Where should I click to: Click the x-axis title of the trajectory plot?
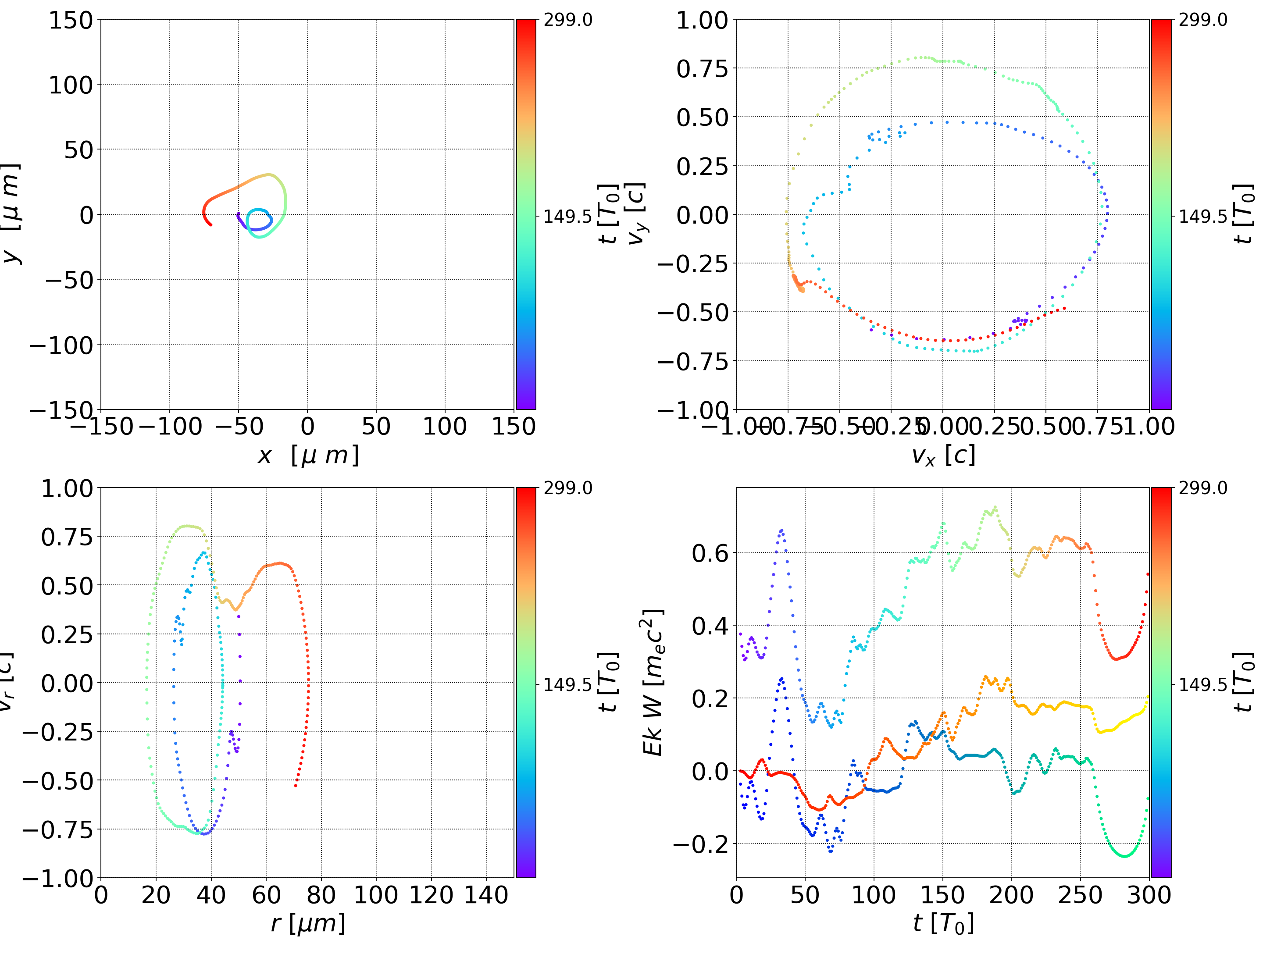coord(308,456)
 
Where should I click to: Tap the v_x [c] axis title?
coord(943,456)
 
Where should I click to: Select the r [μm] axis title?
coord(308,923)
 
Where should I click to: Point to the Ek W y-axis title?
coord(653,682)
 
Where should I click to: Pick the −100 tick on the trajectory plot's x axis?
coord(170,427)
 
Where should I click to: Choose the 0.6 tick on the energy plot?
coord(710,553)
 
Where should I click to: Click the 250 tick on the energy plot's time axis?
coord(1080,895)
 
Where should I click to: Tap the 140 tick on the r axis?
coord(486,895)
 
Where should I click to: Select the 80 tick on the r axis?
coord(321,895)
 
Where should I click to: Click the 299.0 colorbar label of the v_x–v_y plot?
coord(1202,20)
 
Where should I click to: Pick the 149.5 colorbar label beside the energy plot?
coord(1202,684)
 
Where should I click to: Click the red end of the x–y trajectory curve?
coord(211,225)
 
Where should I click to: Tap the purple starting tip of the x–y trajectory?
coord(238,214)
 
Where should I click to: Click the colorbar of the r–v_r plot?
coord(526,682)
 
